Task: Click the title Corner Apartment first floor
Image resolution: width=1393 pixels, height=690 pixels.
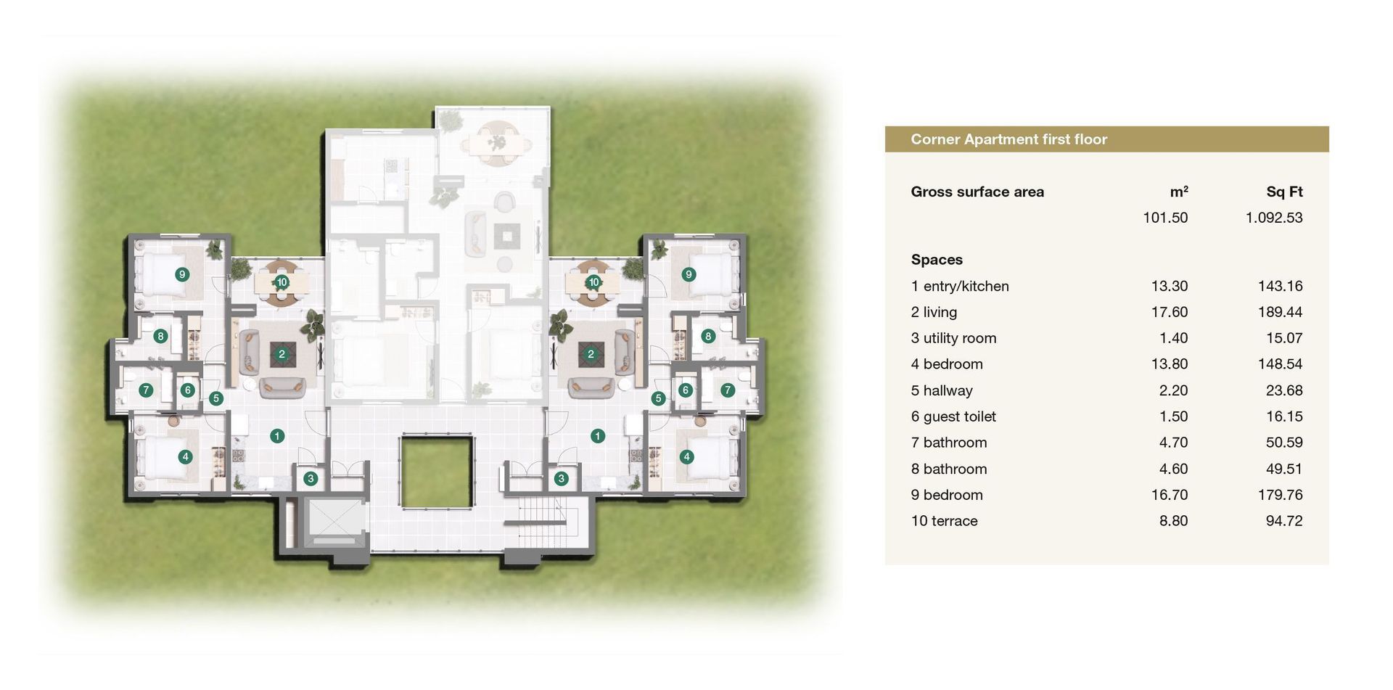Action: point(1008,139)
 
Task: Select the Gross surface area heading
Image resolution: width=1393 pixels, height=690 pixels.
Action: point(977,192)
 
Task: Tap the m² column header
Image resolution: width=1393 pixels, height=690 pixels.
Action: point(1179,192)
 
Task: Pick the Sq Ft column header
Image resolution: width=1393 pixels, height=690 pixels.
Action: point(1284,192)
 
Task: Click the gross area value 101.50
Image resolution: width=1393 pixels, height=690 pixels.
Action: point(1165,218)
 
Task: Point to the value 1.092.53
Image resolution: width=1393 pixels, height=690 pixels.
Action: point(1274,218)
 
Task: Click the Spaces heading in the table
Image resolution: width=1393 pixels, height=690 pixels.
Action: point(937,260)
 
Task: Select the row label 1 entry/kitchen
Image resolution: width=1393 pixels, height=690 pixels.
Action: point(960,287)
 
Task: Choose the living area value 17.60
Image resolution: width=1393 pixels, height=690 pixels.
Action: point(1170,312)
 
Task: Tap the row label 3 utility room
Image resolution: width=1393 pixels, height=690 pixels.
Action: point(953,338)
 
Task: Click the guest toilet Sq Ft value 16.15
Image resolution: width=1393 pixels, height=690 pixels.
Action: point(1284,416)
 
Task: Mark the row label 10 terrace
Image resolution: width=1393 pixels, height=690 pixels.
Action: point(944,521)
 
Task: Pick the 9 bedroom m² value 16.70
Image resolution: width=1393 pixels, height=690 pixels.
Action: point(1170,495)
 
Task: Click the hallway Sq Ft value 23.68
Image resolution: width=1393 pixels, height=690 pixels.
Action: point(1284,390)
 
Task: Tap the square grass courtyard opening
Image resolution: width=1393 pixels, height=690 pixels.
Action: point(437,472)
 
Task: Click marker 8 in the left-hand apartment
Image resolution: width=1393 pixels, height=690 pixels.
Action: point(160,336)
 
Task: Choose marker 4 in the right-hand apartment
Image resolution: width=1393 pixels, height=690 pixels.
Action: point(686,456)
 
